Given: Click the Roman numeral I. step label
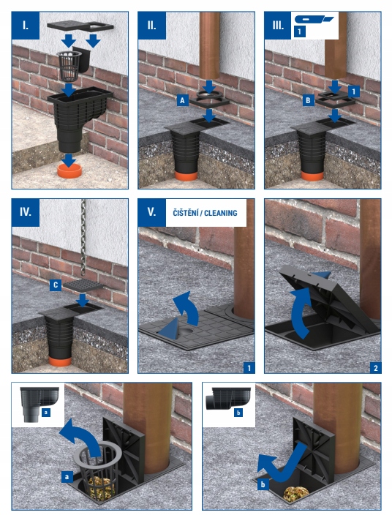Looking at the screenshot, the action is point(26,26).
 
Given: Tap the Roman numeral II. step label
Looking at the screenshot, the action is point(151,26).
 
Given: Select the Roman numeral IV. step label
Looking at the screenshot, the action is point(26,212).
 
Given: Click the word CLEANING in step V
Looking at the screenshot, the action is point(221,213).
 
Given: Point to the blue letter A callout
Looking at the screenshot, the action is point(183,100).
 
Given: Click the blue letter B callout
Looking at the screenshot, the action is point(308,100).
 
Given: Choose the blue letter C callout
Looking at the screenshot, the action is point(55,285).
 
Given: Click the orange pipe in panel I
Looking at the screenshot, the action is point(69,170).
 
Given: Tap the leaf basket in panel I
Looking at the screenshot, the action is point(69,66).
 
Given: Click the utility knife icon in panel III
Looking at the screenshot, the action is point(314,19).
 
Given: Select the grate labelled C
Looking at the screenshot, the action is point(83,285).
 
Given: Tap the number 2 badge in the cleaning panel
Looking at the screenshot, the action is point(376,368).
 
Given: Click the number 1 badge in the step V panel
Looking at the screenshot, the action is point(249,368).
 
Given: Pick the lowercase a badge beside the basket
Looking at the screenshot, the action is point(67,476).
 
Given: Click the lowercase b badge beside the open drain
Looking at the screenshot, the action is point(263,484).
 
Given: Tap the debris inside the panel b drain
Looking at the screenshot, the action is point(296,494).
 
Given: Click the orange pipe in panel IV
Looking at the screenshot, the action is point(60,361).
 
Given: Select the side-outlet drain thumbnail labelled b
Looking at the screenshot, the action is point(230,398).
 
